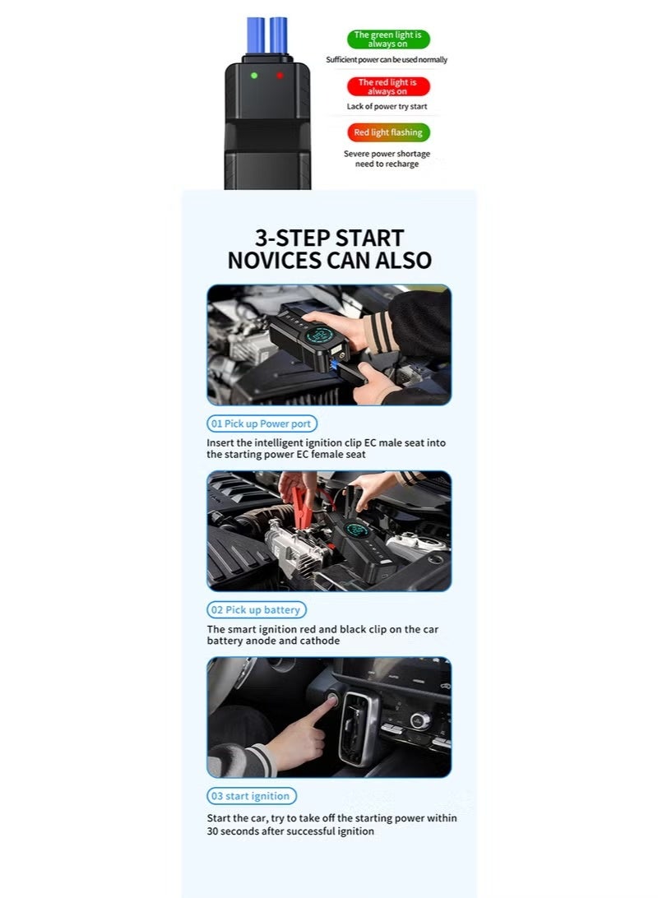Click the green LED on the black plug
click(x=254, y=75)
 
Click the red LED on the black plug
click(x=280, y=75)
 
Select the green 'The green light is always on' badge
click(x=388, y=39)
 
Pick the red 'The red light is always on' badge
click(x=387, y=86)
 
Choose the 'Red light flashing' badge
click(x=388, y=132)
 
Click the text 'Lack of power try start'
click(x=387, y=107)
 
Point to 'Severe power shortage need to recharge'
click(x=387, y=159)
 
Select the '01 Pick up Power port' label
click(x=261, y=424)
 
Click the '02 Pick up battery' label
click(x=256, y=610)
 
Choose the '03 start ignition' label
click(x=251, y=796)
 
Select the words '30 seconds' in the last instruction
click(x=236, y=831)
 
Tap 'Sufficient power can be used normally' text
click(x=387, y=60)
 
